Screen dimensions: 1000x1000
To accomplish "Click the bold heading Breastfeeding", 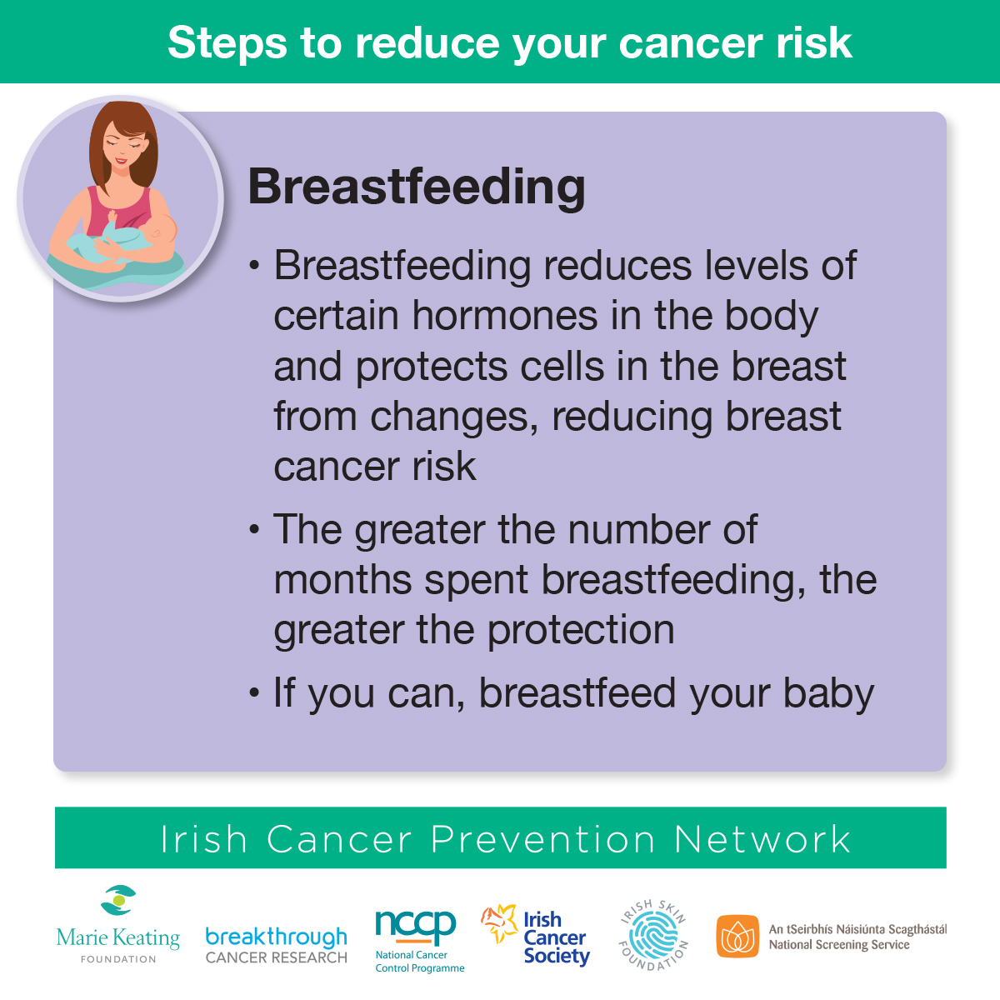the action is tap(417, 187).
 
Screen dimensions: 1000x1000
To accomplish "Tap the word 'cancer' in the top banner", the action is tap(691, 42).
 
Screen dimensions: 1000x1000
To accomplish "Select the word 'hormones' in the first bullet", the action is tap(504, 316).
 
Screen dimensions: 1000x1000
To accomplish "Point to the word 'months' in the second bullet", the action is tap(342, 579).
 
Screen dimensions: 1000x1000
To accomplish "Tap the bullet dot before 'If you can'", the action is tap(254, 692).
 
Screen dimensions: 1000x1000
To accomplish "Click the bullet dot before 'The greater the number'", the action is tap(254, 529).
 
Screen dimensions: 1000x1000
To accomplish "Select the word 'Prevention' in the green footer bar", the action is tap(542, 839).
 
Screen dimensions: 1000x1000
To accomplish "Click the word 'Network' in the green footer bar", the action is tap(762, 839).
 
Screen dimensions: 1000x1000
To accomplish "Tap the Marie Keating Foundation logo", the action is tap(118, 925).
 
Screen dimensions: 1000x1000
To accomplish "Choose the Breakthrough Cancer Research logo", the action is tap(276, 945).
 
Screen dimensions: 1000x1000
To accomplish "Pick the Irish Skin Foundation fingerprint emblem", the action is tap(654, 935).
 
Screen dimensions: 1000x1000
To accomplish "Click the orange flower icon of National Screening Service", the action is tap(737, 936).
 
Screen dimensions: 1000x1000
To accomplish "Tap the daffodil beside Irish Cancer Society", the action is tap(499, 922).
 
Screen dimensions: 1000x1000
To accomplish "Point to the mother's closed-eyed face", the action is tap(123, 147).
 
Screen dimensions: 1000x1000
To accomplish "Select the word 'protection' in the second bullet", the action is tap(581, 632).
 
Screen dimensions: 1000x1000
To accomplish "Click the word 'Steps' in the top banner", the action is tap(227, 43).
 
